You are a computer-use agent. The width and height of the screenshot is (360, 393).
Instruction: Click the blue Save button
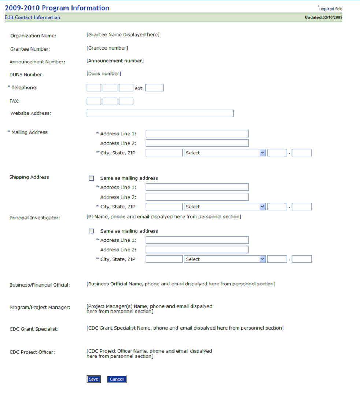(93, 379)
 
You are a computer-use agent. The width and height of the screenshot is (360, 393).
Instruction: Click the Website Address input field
(160, 113)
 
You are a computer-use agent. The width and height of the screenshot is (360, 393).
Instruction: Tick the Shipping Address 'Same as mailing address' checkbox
(92, 178)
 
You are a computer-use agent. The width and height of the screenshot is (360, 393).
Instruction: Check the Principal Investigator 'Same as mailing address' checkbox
(92, 231)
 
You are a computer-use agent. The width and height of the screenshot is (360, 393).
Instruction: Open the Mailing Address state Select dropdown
(225, 153)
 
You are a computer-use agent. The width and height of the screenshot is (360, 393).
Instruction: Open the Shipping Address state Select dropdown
(225, 207)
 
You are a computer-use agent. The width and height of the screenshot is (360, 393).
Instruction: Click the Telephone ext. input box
(154, 88)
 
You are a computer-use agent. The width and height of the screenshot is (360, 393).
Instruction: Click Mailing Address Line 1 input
(197, 134)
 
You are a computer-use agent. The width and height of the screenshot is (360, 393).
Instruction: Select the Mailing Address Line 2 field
(197, 143)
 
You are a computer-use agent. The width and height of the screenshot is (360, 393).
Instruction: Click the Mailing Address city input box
(164, 153)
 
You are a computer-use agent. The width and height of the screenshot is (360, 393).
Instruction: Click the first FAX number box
(94, 101)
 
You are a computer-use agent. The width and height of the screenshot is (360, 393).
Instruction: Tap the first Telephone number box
(94, 88)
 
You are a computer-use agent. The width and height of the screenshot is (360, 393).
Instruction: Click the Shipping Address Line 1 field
(197, 187)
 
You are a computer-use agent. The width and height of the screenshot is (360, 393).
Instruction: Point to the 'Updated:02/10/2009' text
(323, 18)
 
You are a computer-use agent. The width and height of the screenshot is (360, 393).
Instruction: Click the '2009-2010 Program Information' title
(57, 8)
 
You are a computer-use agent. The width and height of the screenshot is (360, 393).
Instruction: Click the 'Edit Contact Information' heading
(33, 18)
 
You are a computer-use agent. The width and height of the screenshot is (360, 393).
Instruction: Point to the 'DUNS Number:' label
(26, 75)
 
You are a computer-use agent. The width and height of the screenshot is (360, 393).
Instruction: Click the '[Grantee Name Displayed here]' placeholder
(123, 35)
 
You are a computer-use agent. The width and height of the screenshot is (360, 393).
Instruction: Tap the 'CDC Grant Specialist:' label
(34, 329)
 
